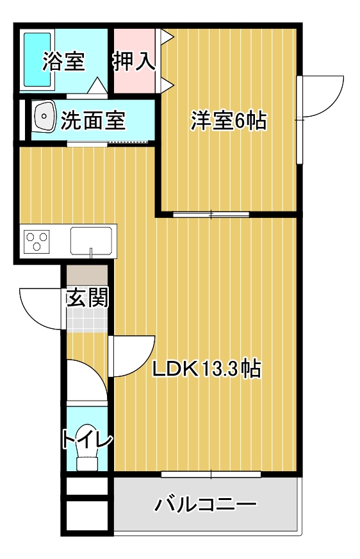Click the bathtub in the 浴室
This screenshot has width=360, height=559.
point(37,60)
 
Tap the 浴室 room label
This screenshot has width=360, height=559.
point(64,62)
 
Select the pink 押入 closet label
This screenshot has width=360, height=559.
point(135,62)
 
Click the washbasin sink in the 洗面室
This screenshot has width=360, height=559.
point(44,116)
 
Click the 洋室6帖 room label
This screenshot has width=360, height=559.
point(229,121)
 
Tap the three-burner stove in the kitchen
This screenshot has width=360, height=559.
point(37,241)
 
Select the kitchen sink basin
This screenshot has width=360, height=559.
point(91,241)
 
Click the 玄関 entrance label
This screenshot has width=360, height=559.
point(88,297)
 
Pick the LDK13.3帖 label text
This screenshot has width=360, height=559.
point(207,369)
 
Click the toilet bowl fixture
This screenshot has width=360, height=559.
point(87,447)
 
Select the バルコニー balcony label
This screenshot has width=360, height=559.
point(205,505)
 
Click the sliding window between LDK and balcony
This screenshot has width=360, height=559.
point(211,474)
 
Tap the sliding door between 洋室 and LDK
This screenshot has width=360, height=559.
point(211,214)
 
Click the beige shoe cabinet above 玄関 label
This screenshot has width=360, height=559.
point(87,274)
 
